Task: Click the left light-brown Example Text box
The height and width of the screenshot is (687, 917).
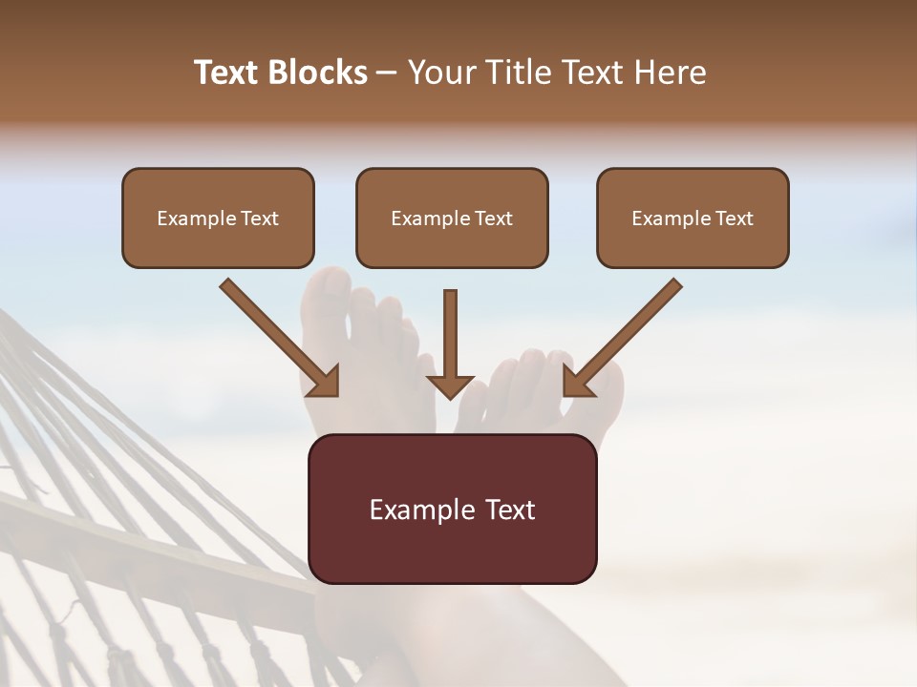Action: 218,218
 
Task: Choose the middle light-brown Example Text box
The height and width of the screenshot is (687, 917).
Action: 452,218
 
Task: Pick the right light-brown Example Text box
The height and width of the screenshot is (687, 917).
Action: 693,218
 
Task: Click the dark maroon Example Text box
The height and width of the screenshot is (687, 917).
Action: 452,509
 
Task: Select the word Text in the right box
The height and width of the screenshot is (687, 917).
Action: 734,219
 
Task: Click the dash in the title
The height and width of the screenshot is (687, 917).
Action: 388,73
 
